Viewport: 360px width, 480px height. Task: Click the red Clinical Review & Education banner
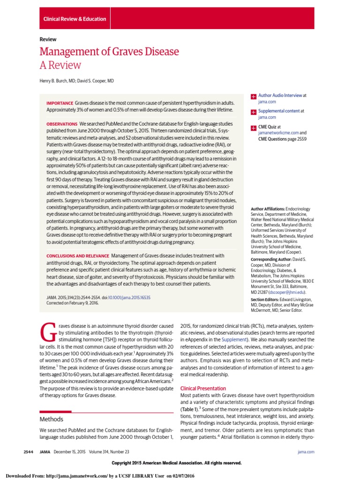coord(75,19)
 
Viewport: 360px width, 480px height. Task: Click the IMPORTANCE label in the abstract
coord(60,103)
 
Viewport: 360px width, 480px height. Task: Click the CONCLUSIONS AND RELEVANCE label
coord(77,255)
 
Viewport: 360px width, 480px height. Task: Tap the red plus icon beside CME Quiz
coord(254,127)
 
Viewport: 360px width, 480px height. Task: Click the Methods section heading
coord(51,419)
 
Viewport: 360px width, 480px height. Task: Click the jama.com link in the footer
coord(306,451)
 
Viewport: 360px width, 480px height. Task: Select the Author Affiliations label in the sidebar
coord(269,208)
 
